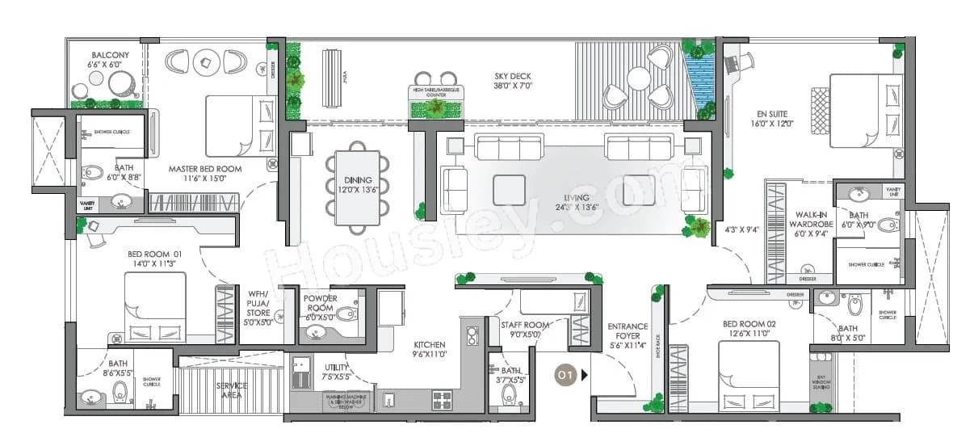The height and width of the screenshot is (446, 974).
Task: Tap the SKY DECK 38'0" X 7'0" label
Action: click(x=513, y=81)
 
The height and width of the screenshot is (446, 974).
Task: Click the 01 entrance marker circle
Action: click(x=565, y=374)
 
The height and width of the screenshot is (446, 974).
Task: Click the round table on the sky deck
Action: click(x=639, y=79)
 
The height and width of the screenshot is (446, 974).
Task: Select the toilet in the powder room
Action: click(x=345, y=314)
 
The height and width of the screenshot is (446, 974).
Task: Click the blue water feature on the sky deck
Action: click(x=699, y=80)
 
